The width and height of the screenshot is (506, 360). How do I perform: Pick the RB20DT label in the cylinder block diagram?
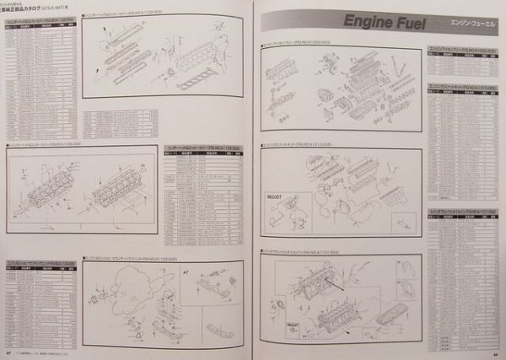click(x=293, y=322)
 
